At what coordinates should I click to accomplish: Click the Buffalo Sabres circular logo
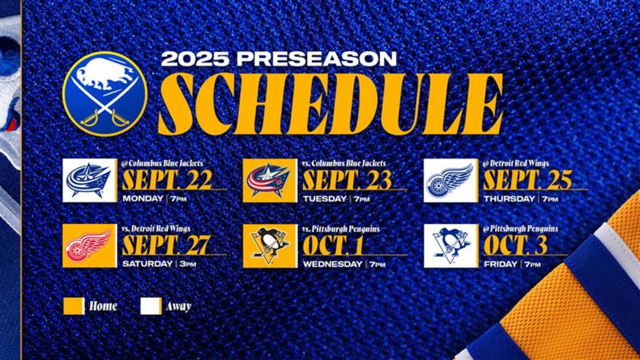click(x=105, y=93)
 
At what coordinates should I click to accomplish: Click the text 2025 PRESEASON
click(x=278, y=59)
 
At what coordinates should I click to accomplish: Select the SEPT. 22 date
click(x=167, y=180)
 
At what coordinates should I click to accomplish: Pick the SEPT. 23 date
click(x=347, y=180)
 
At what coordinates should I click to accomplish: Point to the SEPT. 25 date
click(x=527, y=180)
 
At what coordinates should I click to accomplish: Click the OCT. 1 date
click(x=334, y=245)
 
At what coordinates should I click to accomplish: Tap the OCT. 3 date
click(x=515, y=245)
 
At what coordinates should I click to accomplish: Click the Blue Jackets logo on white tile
click(x=90, y=180)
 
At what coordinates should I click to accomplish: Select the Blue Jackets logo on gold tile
click(x=270, y=180)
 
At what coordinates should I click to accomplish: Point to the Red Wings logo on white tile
click(x=450, y=180)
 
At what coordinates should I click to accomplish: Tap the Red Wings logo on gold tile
click(x=90, y=245)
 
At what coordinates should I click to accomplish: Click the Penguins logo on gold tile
click(x=270, y=245)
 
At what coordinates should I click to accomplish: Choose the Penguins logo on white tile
click(x=450, y=245)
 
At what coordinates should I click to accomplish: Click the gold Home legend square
click(x=74, y=306)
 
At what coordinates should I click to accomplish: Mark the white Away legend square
click(x=151, y=306)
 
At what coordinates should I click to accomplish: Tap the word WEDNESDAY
click(x=332, y=264)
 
